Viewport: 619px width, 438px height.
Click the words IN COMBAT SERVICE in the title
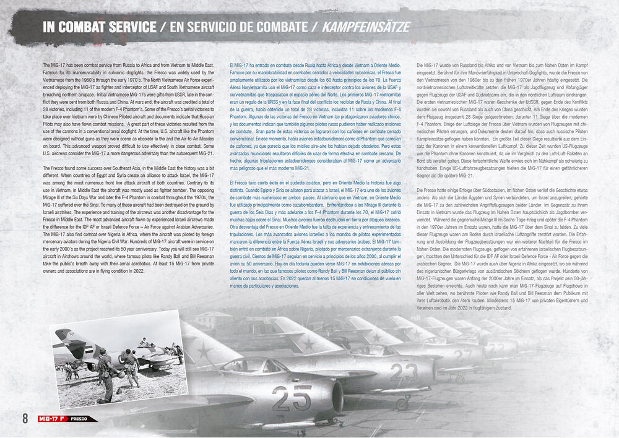pyautogui.click(x=99, y=27)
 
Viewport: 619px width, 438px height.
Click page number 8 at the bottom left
pyautogui.click(x=25, y=418)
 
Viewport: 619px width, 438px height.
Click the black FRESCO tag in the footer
pyautogui.click(x=78, y=418)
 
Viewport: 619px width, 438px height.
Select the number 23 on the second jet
pyautogui.click(x=404, y=371)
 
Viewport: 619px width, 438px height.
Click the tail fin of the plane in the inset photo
pyautogui.click(x=63, y=337)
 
